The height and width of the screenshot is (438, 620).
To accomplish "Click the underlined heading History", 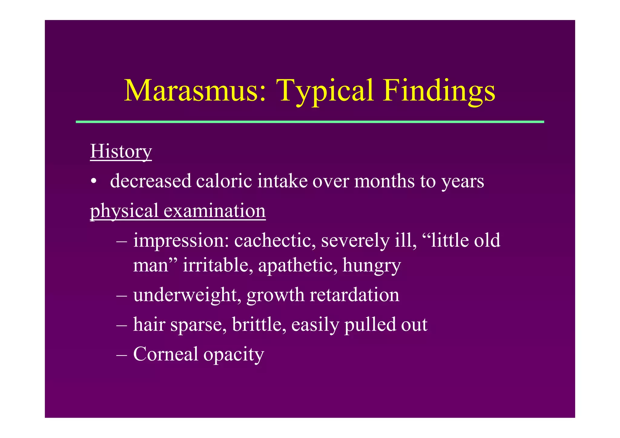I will click(x=121, y=151).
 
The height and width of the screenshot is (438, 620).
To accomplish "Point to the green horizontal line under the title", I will click(x=310, y=122).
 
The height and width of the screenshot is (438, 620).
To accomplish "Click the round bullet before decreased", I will click(x=94, y=182).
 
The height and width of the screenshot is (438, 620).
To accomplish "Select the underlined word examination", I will click(x=215, y=211).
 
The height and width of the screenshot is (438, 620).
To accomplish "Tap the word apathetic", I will click(x=298, y=265).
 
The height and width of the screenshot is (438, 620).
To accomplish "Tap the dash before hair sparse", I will click(x=121, y=325).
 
